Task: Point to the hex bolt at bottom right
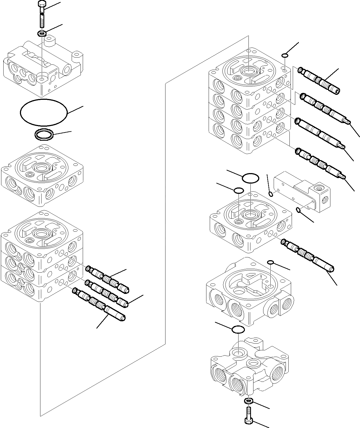click(x=248, y=420)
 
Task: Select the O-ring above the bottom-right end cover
click(x=238, y=329)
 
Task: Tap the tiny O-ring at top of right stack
click(x=285, y=56)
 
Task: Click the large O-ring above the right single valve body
click(x=250, y=178)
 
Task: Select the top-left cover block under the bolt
click(x=43, y=66)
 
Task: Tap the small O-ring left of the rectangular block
click(x=271, y=194)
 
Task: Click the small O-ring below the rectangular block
click(x=299, y=211)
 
